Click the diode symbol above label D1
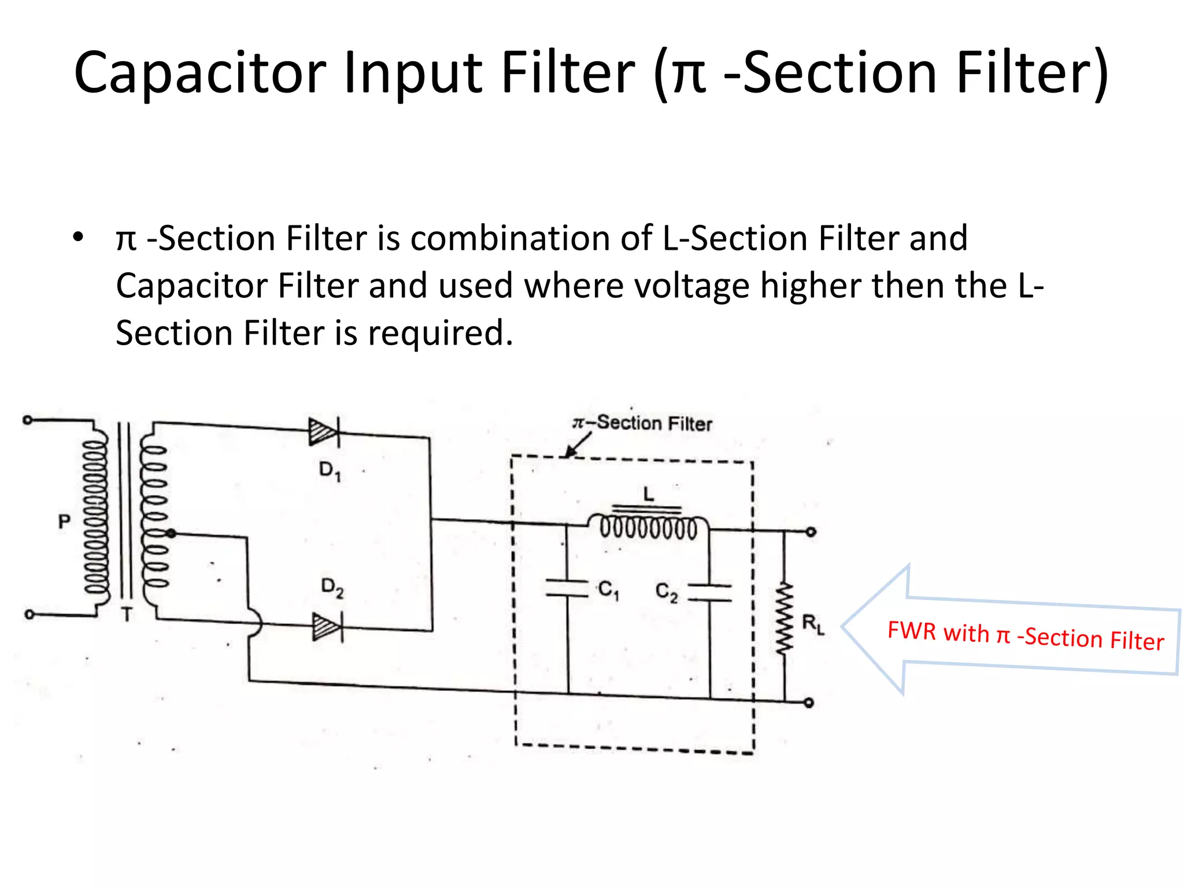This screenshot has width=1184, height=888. (x=324, y=432)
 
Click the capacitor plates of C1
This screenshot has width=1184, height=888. (x=567, y=587)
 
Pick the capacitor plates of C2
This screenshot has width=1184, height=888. (x=710, y=593)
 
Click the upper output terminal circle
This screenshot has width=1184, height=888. (x=811, y=532)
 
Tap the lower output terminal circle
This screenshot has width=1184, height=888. (x=809, y=703)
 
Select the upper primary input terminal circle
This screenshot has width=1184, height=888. (x=27, y=420)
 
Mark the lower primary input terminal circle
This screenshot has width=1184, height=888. (x=29, y=615)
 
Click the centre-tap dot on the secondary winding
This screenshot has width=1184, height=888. (x=171, y=533)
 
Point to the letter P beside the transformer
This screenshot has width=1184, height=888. (x=64, y=522)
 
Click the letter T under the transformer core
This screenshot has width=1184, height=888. (x=127, y=615)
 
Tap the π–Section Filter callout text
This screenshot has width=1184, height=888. (x=642, y=423)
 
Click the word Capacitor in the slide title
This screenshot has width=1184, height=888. (x=200, y=73)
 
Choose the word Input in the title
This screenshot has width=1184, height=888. (x=413, y=73)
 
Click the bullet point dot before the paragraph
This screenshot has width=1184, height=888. (x=78, y=237)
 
